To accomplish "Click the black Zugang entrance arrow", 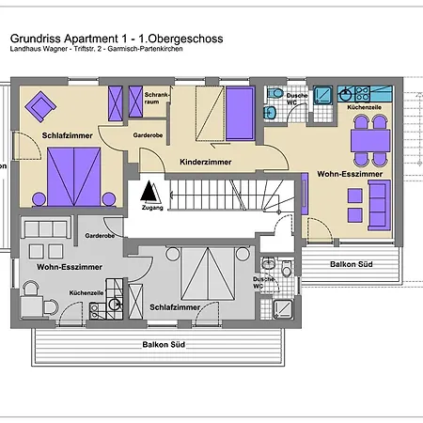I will click(x=147, y=194).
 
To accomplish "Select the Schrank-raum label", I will click(x=156, y=97).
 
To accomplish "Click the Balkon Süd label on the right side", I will click(x=351, y=264).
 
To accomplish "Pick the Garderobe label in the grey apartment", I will click(x=99, y=235).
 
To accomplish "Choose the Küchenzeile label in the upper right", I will click(x=365, y=108).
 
